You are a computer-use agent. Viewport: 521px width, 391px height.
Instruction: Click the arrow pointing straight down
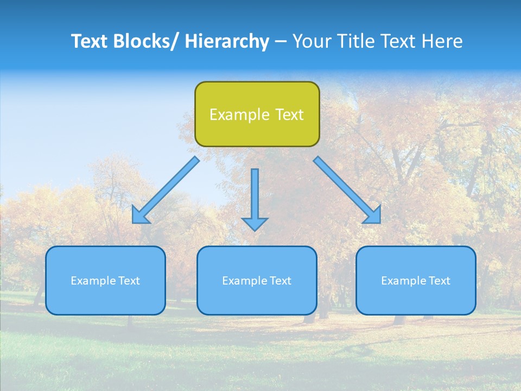(x=255, y=198)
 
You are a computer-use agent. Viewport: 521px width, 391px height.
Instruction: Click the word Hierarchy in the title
(x=227, y=41)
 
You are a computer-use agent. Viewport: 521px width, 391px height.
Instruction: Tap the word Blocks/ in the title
(x=146, y=41)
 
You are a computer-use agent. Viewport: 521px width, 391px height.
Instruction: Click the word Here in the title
(x=443, y=41)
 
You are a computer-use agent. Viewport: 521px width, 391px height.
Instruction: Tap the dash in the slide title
(x=280, y=42)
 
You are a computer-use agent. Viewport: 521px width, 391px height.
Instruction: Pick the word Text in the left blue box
(x=129, y=281)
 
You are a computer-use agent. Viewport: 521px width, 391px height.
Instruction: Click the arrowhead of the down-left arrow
(x=139, y=216)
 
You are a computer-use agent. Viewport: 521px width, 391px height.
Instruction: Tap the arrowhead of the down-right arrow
(x=373, y=216)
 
